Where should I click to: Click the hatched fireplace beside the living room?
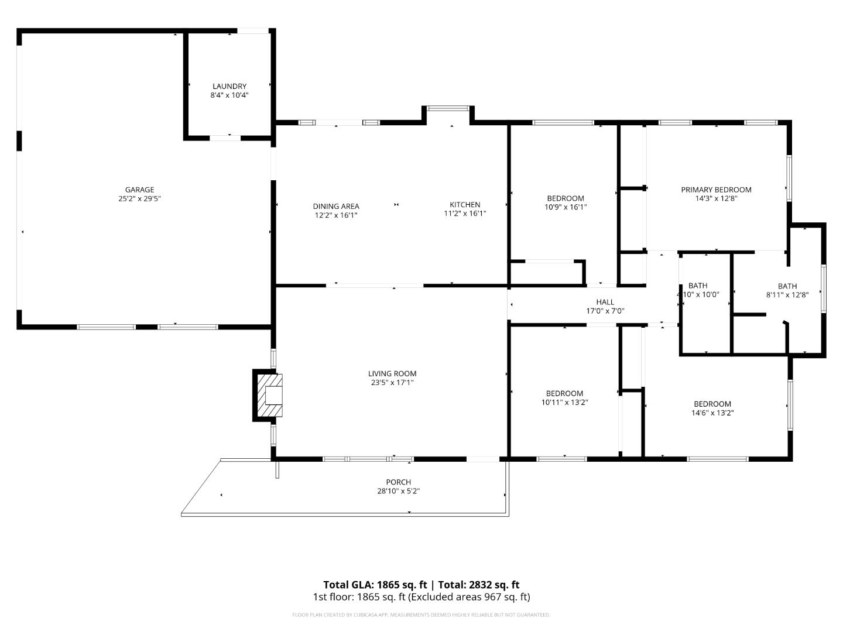click(269, 395)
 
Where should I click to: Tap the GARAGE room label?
click(139, 190)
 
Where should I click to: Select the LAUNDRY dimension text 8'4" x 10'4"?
click(229, 95)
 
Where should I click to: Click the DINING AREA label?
click(336, 206)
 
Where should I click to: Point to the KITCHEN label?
click(465, 204)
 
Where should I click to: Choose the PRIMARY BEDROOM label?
click(716, 190)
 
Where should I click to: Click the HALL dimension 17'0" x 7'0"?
click(605, 311)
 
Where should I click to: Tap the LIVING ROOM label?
click(392, 373)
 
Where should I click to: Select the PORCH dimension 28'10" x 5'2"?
click(398, 492)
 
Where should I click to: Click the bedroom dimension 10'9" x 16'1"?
click(566, 207)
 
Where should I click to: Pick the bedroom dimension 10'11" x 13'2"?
click(564, 403)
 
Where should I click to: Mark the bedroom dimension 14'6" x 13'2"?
click(712, 413)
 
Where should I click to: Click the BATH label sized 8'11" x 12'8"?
click(787, 286)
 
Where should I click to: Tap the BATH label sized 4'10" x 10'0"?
click(698, 286)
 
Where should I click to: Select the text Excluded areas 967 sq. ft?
click(470, 597)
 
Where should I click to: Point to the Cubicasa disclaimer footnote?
click(421, 615)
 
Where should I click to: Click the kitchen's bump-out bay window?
click(448, 108)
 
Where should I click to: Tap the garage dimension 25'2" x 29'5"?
click(139, 198)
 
